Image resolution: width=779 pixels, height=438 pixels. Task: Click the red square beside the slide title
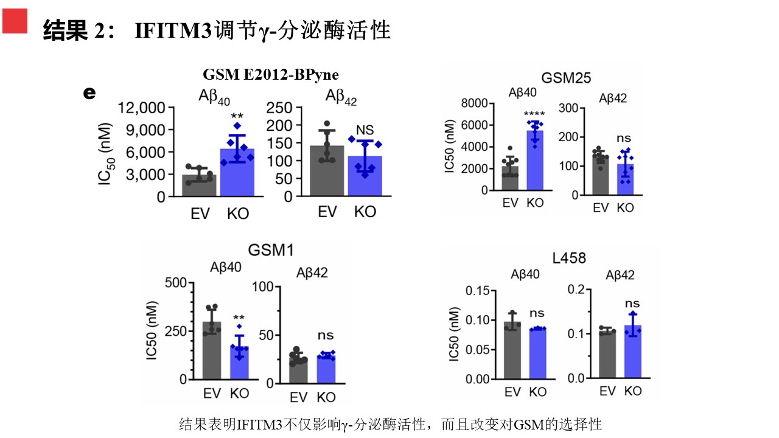pos(15,22)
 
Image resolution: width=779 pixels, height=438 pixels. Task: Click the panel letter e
pos(89,93)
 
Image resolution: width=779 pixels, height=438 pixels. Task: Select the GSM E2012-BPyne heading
pos(270,74)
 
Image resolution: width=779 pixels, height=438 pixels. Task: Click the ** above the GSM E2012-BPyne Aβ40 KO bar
pos(237,116)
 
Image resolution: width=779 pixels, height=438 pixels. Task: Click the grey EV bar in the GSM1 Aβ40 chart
pos(212,350)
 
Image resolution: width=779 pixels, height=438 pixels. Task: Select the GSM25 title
pos(566,77)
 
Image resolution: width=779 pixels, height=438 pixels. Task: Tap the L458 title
pos(569,259)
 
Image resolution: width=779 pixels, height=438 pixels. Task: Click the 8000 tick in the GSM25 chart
pos(475,103)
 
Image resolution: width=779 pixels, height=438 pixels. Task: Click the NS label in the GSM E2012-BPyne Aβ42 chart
pos(365,131)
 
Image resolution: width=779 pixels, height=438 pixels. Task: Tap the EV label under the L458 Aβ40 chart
pos(512,392)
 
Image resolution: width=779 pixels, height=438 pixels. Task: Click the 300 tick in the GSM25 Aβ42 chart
pos(568,108)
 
